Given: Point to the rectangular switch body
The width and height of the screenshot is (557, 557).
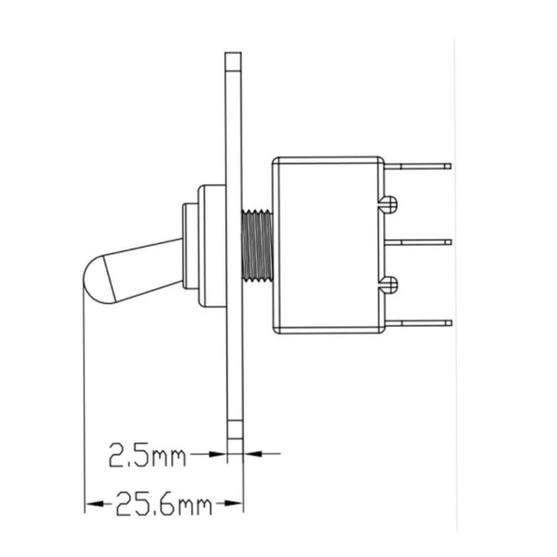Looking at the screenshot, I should tap(328, 245).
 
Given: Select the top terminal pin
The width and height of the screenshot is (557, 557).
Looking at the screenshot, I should tap(419, 165).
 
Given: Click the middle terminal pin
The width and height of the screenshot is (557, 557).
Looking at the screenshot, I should tap(419, 242).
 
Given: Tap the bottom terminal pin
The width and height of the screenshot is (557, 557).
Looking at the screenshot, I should tap(419, 323).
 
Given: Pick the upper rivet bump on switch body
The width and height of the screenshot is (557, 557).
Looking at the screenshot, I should tap(389, 205).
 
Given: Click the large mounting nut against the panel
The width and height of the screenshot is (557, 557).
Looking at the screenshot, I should tap(211, 245).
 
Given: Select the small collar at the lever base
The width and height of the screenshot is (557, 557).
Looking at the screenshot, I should tap(190, 245).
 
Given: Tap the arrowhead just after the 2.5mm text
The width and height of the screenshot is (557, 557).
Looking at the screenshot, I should tap(218, 453).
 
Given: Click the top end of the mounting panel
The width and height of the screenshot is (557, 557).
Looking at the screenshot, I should tap(233, 61).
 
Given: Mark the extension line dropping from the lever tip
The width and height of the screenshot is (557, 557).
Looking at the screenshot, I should tap(84, 392).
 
